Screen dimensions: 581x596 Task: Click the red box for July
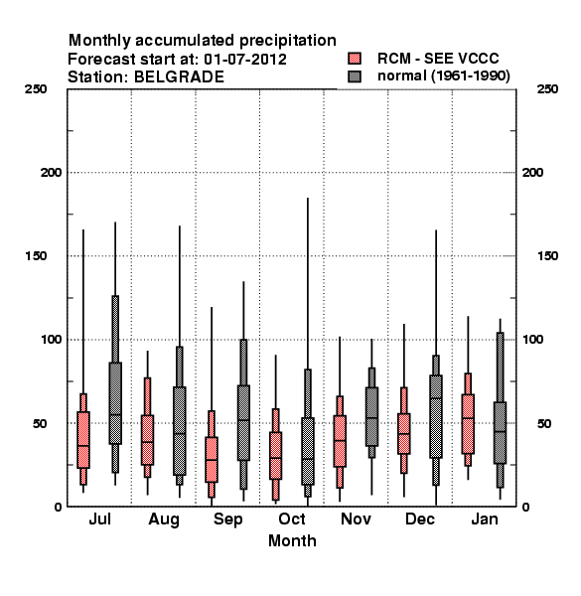[83, 439]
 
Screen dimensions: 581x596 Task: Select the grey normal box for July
[115, 403]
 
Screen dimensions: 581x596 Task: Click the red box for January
[468, 424]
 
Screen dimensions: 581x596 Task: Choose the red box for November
[340, 441]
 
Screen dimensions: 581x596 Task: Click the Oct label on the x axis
[292, 519]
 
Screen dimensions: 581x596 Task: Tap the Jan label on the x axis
[485, 519]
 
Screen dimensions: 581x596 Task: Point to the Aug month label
[164, 520]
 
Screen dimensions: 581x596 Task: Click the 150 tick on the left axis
[36, 256]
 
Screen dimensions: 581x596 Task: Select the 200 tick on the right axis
[532, 173]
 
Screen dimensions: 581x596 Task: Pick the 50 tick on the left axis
[40, 423]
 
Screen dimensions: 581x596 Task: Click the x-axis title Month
[292, 540]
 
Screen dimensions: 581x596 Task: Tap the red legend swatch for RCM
[355, 59]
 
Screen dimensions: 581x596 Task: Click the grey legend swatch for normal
[355, 76]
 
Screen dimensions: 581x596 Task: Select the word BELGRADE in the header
[180, 77]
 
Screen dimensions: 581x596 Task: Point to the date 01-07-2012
[245, 60]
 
